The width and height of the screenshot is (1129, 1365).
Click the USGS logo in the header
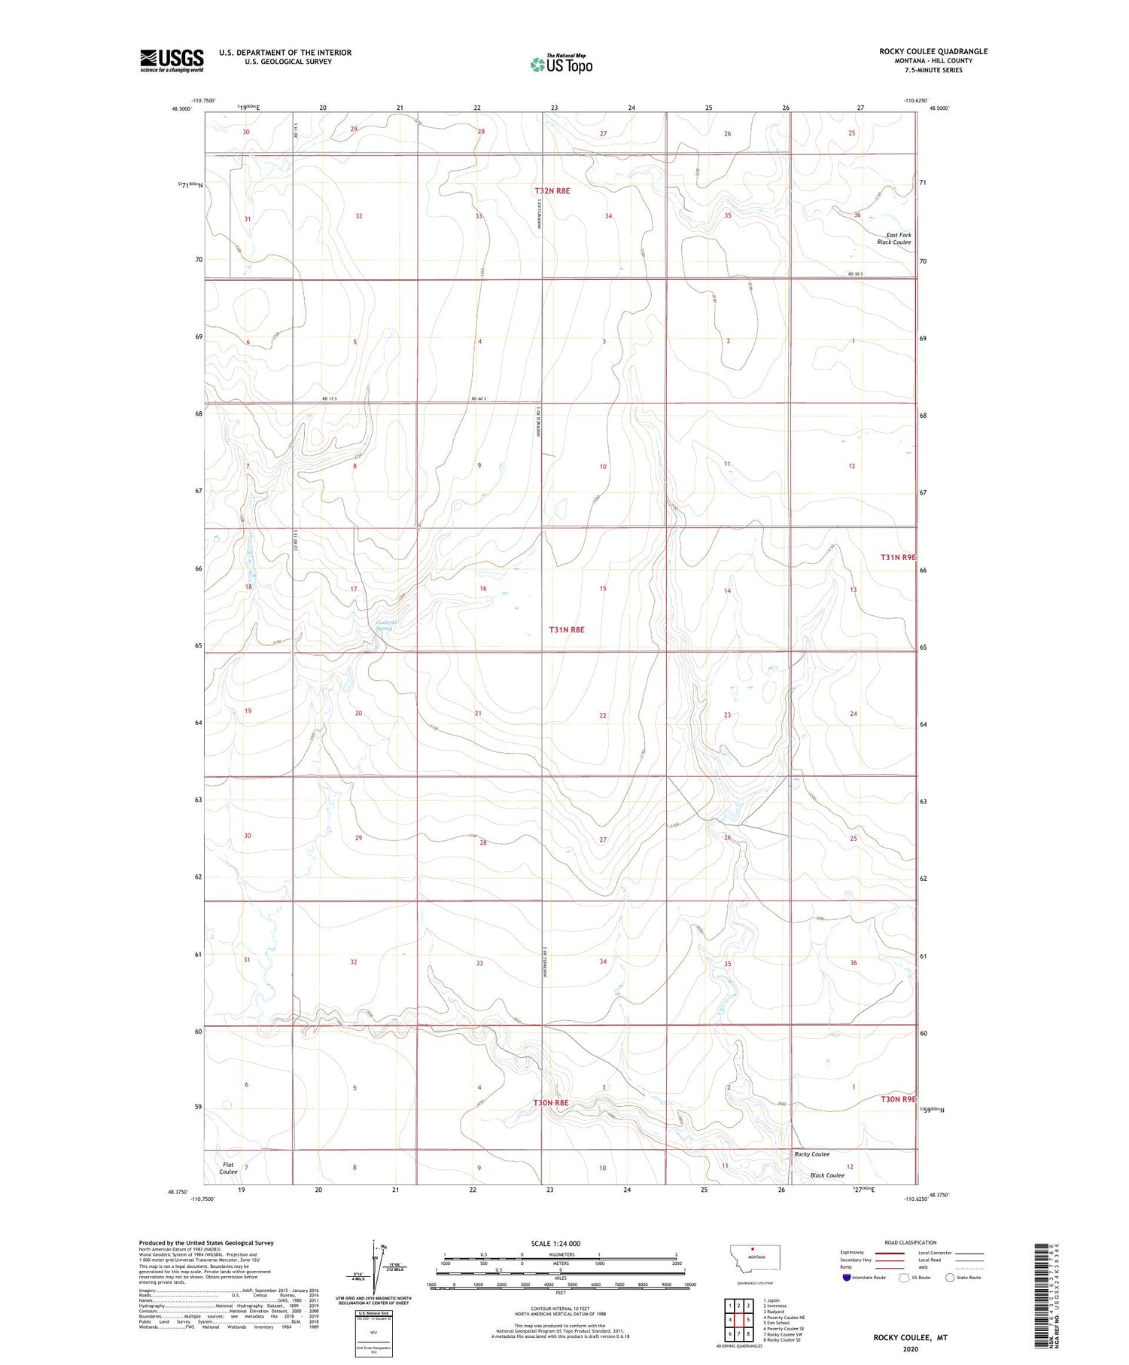(172, 60)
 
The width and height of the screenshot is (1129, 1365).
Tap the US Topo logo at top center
(561, 65)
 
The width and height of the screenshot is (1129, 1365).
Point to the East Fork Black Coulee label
(894, 239)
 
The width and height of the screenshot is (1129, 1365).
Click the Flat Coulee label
(228, 1168)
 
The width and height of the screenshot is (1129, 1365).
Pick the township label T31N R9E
(899, 557)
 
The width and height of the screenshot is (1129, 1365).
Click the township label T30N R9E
(899, 1099)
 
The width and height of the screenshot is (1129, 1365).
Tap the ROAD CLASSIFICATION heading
(911, 1242)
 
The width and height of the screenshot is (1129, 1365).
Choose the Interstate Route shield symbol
(846, 1278)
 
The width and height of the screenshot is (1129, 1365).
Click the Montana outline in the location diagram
(755, 1257)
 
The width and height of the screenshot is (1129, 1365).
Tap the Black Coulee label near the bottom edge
(826, 1175)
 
